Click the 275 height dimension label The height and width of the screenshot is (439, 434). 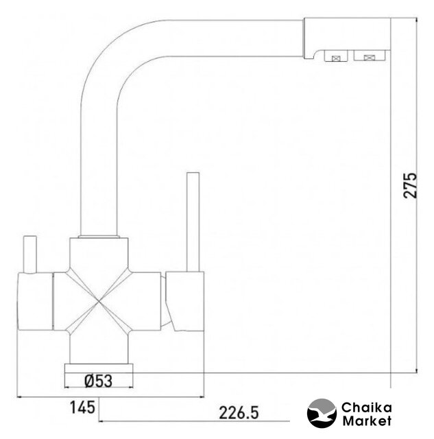coord(411,186)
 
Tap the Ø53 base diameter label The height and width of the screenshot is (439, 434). coord(98,381)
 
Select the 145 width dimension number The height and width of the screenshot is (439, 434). coord(82,407)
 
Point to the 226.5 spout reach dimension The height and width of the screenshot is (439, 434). coord(239,413)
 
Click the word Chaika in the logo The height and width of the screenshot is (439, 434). coord(367,407)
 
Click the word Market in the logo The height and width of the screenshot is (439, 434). coord(367,420)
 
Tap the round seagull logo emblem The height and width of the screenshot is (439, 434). coord(322,413)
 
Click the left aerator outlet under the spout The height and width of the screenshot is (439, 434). coord(336,56)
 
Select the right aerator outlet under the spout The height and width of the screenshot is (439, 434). coord(370,56)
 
